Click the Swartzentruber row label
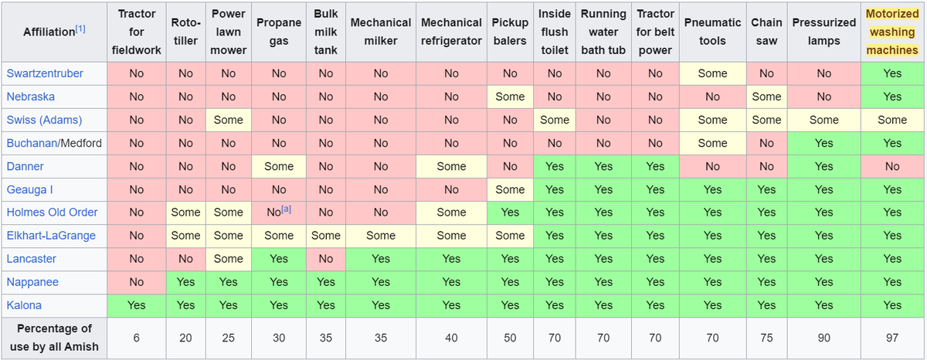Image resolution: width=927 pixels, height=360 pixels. coord(45,73)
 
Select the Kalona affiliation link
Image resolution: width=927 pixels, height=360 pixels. coord(24,305)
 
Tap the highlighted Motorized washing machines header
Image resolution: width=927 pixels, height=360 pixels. coord(892,32)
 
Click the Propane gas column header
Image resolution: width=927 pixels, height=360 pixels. coord(279,32)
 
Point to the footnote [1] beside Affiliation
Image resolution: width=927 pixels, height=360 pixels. coord(80,29)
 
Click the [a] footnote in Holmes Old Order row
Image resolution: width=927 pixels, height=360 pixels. coord(287,209)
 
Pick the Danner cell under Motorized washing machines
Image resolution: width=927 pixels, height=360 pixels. coord(892,166)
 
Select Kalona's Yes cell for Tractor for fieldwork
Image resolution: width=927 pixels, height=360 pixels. coord(137,305)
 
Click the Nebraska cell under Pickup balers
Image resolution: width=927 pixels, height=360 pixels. coord(510,97)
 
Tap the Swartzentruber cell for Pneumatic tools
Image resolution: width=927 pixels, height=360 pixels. coord(712,73)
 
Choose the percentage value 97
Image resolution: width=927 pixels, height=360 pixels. coord(892,338)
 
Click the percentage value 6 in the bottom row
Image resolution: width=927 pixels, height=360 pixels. coord(137,338)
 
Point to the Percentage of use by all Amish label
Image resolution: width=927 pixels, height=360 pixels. coord(54,338)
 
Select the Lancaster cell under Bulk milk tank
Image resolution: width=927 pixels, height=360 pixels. coord(326,259)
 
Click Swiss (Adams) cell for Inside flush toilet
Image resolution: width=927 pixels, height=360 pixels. coord(555,120)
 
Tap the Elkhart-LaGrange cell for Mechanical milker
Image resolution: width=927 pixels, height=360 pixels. coord(381,236)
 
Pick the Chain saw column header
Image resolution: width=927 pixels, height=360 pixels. coord(766,32)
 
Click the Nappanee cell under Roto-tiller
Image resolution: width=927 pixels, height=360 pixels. coord(186,282)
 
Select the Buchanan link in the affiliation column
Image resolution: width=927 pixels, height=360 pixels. coord(32,143)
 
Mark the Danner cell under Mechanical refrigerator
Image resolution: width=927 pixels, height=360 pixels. coord(451,166)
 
